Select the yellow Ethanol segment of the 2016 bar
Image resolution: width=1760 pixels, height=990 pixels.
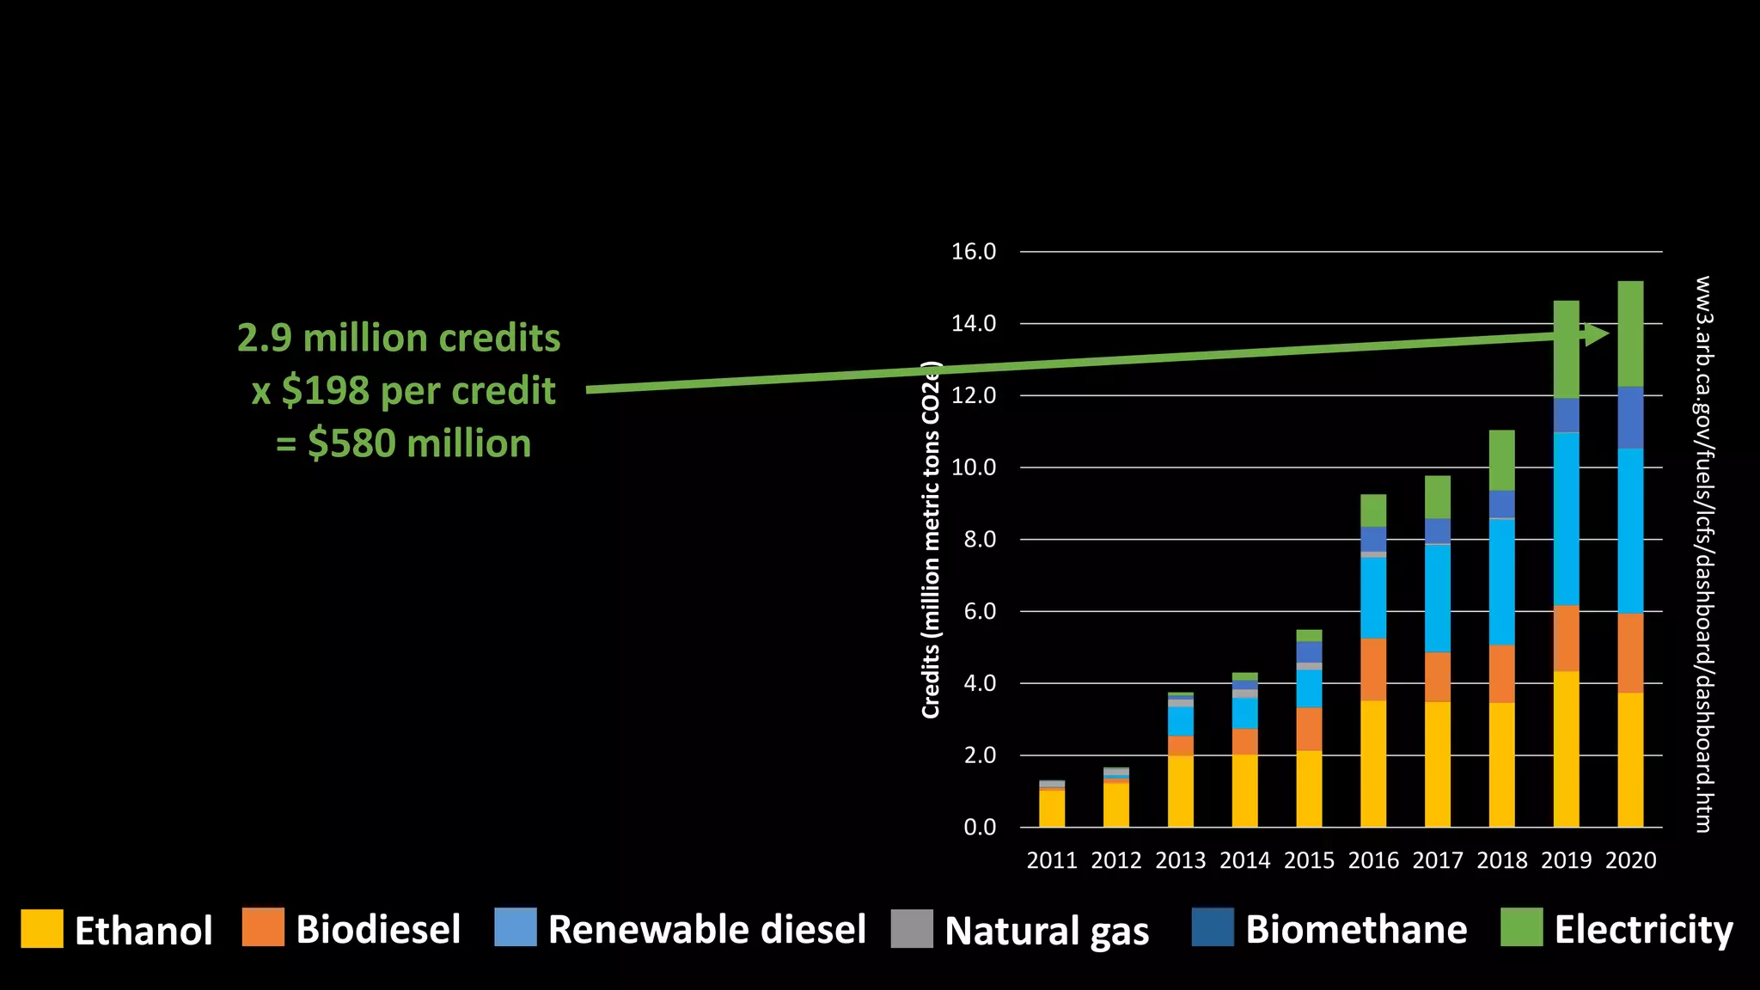coord(1373,763)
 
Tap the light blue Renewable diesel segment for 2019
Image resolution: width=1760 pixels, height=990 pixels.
coord(1566,519)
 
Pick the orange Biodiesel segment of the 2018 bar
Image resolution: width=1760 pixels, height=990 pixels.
coord(1501,674)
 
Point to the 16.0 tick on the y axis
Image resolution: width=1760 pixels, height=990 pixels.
coord(973,252)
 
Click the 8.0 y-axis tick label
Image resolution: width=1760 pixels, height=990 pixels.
coord(973,540)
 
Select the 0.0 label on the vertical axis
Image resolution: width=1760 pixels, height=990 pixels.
coord(979,828)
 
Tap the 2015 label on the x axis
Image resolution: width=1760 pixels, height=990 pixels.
coord(1309,860)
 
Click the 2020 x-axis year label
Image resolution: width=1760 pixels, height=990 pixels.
coord(1630,860)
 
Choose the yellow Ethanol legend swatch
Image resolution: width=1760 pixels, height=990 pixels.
coord(42,928)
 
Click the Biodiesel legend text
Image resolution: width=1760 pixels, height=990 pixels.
coord(378,929)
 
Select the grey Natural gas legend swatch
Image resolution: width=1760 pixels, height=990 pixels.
coord(912,928)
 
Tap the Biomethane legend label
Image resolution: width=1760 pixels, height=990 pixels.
coord(1356,929)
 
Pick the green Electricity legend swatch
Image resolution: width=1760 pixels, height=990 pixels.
coord(1521,927)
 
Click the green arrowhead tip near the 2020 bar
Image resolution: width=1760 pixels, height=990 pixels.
coord(1606,333)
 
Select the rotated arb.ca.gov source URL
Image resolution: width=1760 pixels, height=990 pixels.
coord(1702,553)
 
